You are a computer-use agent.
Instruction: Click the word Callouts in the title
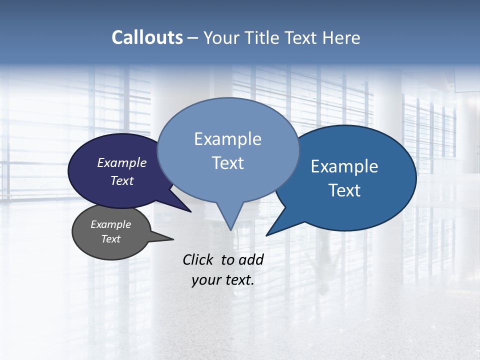147,37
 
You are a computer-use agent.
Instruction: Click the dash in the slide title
193,38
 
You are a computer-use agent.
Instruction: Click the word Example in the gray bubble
110,224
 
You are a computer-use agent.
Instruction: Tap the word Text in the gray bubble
110,239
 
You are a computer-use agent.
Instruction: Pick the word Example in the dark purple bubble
121,163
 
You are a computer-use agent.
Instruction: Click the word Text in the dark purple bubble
121,181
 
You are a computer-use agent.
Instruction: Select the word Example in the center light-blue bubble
227,139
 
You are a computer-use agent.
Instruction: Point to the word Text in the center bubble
227,163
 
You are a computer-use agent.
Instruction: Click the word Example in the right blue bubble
344,166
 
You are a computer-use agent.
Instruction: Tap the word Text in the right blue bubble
344,190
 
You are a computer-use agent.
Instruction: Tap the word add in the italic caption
250,259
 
